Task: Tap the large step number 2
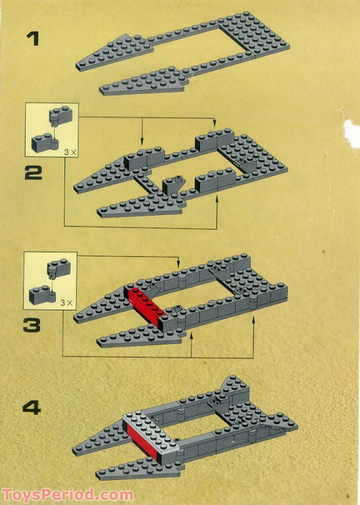pyautogui.click(x=33, y=173)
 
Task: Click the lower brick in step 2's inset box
pyautogui.click(x=43, y=141)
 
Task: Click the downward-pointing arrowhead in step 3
pyautogui.click(x=178, y=265)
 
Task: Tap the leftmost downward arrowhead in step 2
pyautogui.click(x=142, y=143)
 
